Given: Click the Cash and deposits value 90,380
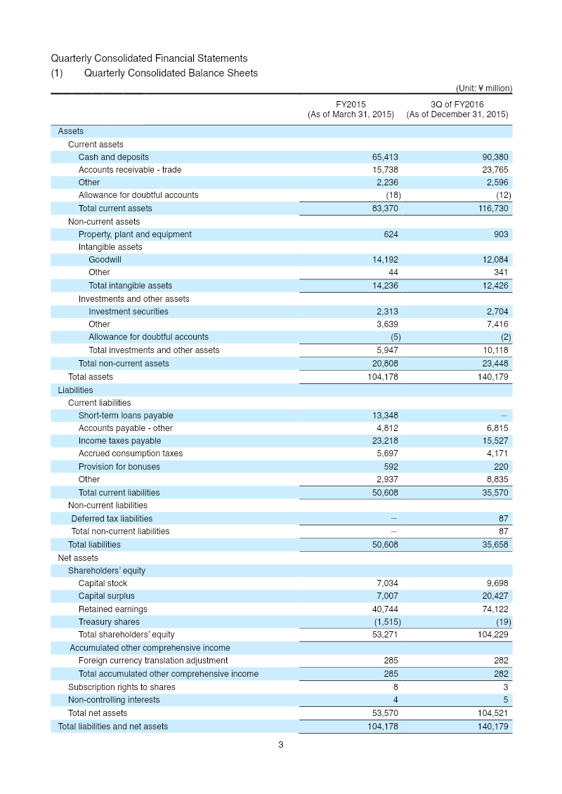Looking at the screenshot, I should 495,157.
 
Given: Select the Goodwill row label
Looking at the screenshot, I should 105,260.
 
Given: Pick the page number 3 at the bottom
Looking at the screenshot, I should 280,745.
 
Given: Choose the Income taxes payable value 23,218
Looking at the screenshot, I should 385,441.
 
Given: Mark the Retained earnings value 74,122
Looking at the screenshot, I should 495,609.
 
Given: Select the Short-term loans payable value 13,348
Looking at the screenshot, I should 385,416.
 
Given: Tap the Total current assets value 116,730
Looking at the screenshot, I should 492,209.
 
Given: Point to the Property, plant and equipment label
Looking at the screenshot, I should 135,234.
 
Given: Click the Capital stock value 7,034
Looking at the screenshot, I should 387,583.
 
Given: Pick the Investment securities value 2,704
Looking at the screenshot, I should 497,312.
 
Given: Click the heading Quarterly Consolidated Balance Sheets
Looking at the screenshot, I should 171,73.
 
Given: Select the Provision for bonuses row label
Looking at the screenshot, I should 119,467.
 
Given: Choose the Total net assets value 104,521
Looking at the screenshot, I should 492,713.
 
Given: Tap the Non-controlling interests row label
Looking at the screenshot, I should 114,700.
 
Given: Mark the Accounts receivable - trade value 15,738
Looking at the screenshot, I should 385,170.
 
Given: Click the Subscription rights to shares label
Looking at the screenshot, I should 122,687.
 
